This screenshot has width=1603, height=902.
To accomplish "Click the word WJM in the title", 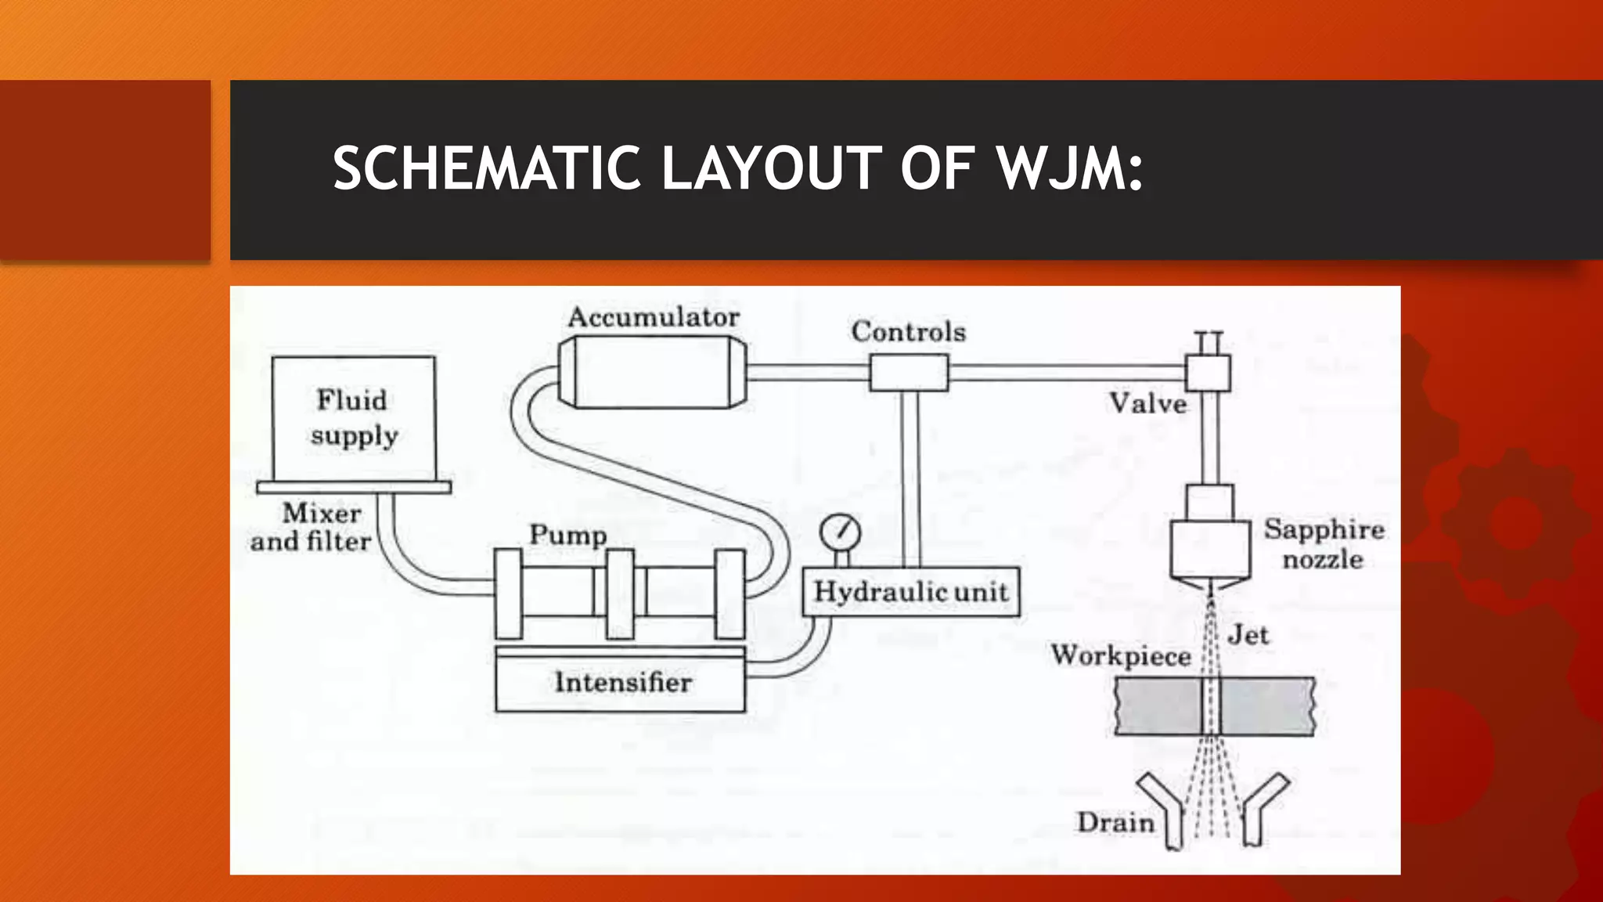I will tap(1069, 168).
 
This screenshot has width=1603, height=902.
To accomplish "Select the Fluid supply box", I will tap(354, 419).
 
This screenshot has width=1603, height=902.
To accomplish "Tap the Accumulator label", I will tap(654, 317).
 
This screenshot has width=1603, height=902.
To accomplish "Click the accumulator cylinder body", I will tap(653, 373).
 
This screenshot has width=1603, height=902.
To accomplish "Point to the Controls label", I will tap(908, 331).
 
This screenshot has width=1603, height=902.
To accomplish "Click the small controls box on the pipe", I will tap(909, 373).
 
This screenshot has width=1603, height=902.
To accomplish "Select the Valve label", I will tap(1148, 403).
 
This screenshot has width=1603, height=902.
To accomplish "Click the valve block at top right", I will tap(1208, 373).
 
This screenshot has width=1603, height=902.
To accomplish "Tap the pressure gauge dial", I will tap(841, 532).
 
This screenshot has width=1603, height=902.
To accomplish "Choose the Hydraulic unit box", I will tap(911, 592).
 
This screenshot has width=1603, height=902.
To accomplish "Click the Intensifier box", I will tap(621, 683).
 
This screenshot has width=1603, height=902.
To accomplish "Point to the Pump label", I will tap(568, 535).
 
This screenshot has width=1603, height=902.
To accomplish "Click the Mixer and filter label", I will tap(312, 527).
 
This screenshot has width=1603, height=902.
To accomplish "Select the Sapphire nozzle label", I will tap(1324, 544).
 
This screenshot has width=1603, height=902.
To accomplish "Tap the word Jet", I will tap(1248, 634).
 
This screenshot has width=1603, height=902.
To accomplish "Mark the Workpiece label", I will tap(1121, 655).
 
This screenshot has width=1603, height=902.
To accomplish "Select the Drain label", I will tap(1115, 822).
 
